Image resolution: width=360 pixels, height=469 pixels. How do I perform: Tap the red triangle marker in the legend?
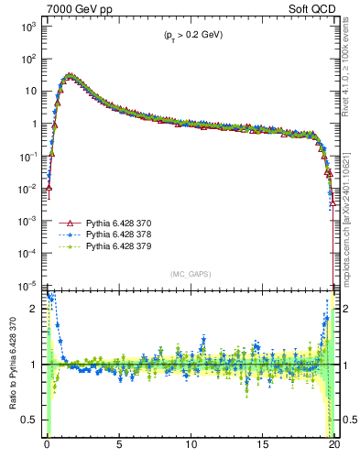pyautogui.click(x=66, y=223)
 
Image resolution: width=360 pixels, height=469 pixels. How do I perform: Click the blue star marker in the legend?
pyautogui.click(x=66, y=234)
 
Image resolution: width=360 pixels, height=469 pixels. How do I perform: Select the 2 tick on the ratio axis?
pyautogui.click(x=37, y=309)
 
